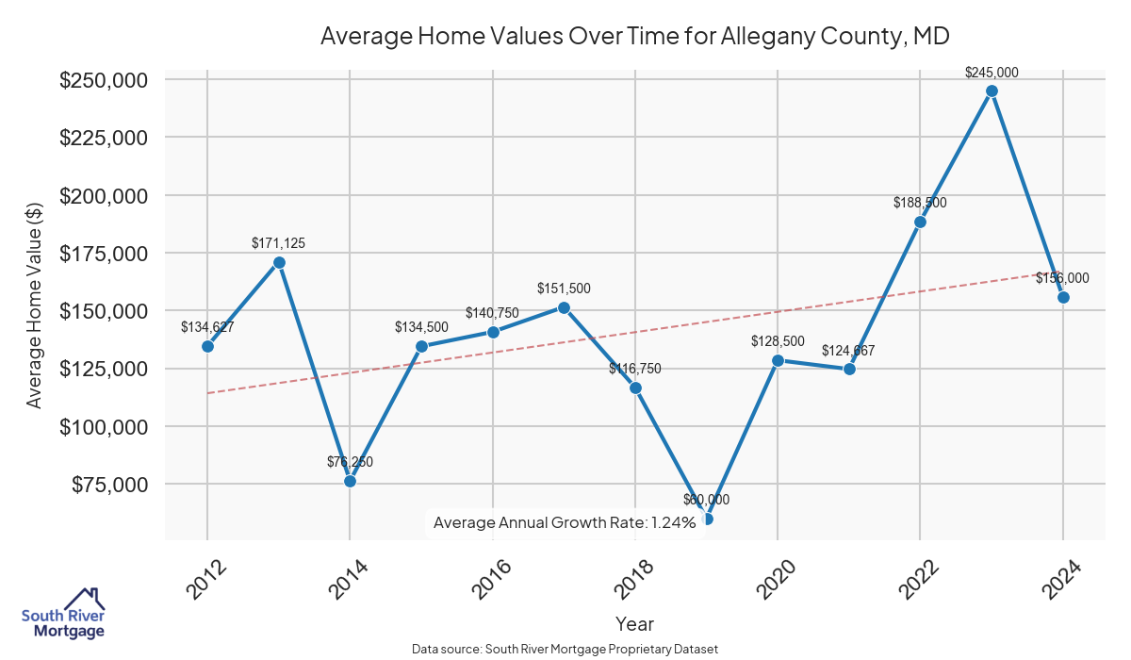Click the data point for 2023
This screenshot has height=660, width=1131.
coord(992,91)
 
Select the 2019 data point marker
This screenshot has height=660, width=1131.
coord(707,519)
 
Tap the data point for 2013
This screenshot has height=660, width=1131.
coord(279,262)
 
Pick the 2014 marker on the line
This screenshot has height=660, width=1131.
coord(350,481)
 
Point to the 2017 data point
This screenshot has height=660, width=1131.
coord(564,307)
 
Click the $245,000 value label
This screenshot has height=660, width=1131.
coord(992,72)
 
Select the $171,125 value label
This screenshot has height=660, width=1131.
coord(278,242)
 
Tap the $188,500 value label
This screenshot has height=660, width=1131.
coord(920,203)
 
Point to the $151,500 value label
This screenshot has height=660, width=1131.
coord(564,288)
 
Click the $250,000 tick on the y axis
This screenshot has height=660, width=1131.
coord(104,80)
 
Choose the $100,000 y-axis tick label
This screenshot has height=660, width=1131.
coord(104,426)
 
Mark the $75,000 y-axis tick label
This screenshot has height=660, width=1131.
coord(109,484)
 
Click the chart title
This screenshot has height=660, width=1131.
coord(634,37)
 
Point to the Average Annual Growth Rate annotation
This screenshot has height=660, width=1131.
coord(565,522)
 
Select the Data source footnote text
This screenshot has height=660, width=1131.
coord(565,650)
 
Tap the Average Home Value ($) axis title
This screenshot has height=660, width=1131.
coord(34,311)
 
